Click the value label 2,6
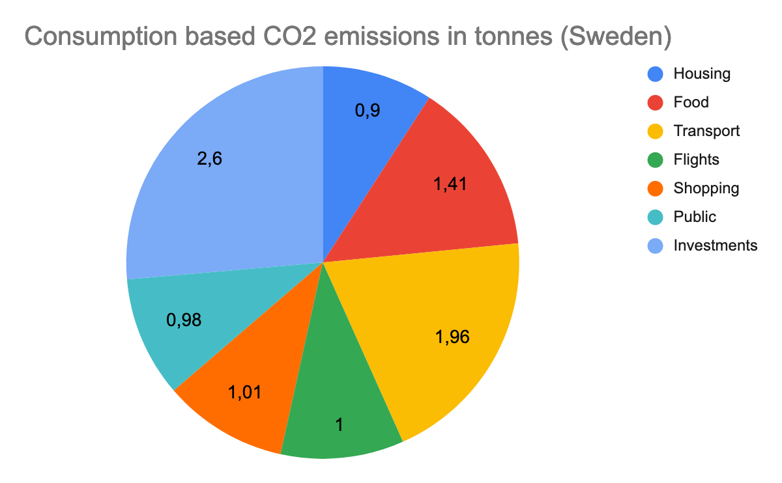pyautogui.click(x=210, y=159)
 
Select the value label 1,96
pyautogui.click(x=452, y=337)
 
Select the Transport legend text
pyautogui.click(x=706, y=131)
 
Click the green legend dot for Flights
pyautogui.click(x=656, y=159)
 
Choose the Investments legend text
pyautogui.click(x=716, y=245)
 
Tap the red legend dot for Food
pyautogui.click(x=656, y=102)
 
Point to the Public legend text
pyautogui.click(x=695, y=217)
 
